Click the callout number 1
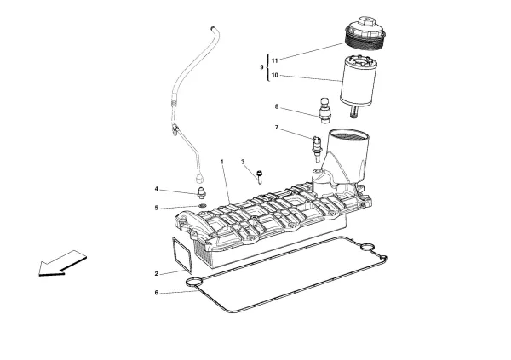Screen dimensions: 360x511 (x=222, y=162)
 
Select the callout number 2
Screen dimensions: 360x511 (x=156, y=274)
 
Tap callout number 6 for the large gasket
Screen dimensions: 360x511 (x=156, y=294)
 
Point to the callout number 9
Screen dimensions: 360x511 (x=263, y=67)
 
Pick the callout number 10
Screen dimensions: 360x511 (x=275, y=75)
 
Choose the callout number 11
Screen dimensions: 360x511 (x=275, y=60)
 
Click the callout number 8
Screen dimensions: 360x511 (x=276, y=107)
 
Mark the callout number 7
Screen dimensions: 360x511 (x=276, y=128)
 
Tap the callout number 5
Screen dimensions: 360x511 (x=156, y=208)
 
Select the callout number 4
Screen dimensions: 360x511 (x=156, y=189)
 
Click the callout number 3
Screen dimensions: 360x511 (x=242, y=162)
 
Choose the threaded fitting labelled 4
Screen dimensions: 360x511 (x=202, y=192)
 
